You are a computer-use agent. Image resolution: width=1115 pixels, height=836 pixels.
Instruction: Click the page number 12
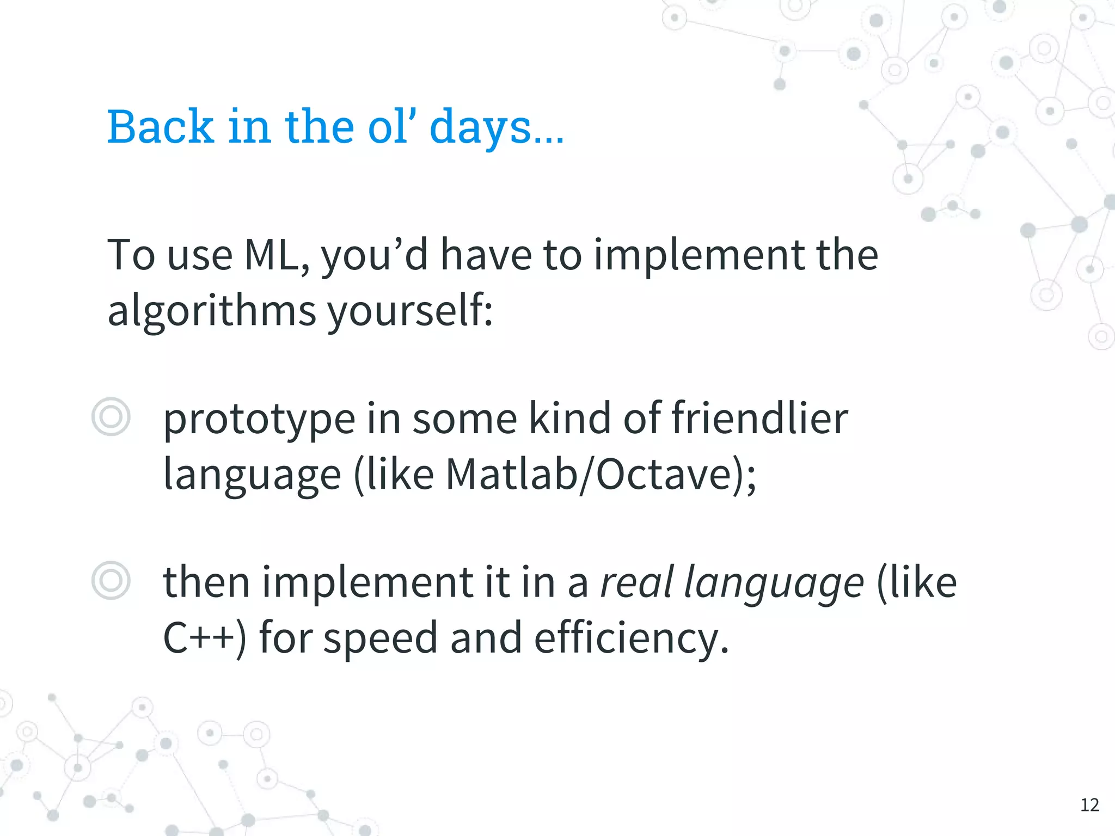click(x=1089, y=805)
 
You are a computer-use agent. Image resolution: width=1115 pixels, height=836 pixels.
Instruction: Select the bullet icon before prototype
click(x=111, y=417)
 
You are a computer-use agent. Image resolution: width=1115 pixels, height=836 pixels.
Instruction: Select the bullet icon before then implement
click(x=111, y=581)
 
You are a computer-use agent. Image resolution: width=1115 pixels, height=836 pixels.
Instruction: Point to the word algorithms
click(x=211, y=311)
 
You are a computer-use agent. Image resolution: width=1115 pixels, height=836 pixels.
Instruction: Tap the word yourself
click(x=409, y=311)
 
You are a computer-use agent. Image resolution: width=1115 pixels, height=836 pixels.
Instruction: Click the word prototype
click(x=259, y=420)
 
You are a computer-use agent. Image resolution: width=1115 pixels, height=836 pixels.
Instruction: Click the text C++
click(x=199, y=637)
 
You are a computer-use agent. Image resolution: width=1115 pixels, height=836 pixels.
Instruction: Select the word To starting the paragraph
click(x=131, y=255)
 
